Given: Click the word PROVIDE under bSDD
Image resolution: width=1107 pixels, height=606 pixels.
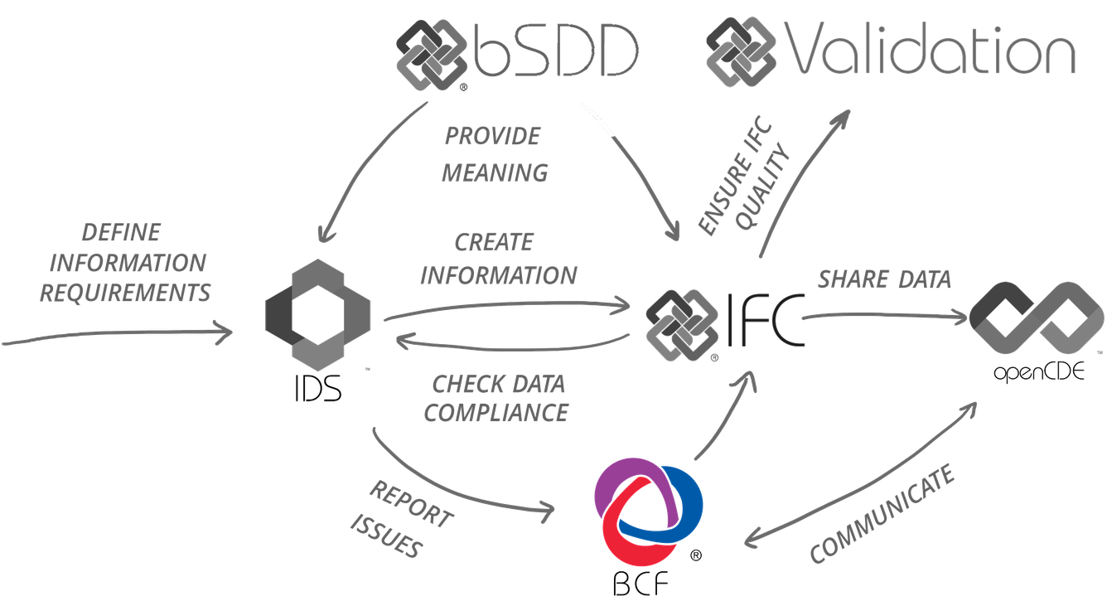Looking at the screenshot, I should (x=492, y=135).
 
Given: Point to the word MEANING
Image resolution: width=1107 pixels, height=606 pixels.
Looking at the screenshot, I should (x=495, y=173).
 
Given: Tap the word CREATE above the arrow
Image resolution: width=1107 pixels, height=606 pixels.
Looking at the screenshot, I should (x=494, y=243).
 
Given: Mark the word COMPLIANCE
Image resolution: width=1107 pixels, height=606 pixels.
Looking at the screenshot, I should (x=496, y=412).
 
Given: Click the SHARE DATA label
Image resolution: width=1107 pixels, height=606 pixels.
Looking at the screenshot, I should (x=884, y=279).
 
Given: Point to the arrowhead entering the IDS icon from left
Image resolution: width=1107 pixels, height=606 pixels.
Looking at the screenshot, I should (x=228, y=332).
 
